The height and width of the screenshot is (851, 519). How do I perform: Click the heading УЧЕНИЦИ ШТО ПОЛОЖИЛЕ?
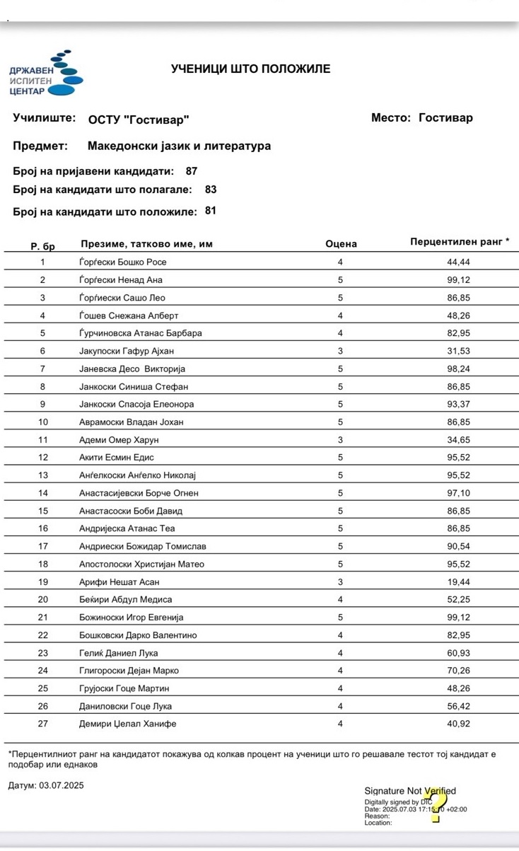point(250,69)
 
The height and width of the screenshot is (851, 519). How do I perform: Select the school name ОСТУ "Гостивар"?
point(139,120)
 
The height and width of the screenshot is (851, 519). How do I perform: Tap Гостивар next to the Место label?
point(445,118)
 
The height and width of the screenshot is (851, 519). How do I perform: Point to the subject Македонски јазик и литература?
point(179,146)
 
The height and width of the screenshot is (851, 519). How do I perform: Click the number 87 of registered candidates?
point(192,171)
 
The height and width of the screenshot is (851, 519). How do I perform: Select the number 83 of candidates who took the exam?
point(211,190)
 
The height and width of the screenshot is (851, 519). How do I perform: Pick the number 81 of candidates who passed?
point(211,211)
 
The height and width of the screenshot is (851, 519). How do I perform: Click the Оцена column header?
point(341,244)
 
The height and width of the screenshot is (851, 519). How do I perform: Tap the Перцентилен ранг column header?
point(459,242)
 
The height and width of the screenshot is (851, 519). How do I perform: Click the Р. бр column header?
point(42,246)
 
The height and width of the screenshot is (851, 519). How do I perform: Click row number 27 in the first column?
point(42,724)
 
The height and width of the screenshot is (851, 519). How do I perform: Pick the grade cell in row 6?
point(340,351)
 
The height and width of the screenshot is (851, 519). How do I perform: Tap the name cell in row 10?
point(132,422)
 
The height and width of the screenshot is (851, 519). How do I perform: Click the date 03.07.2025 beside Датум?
point(57,785)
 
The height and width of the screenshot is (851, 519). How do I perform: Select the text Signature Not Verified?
point(409,791)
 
